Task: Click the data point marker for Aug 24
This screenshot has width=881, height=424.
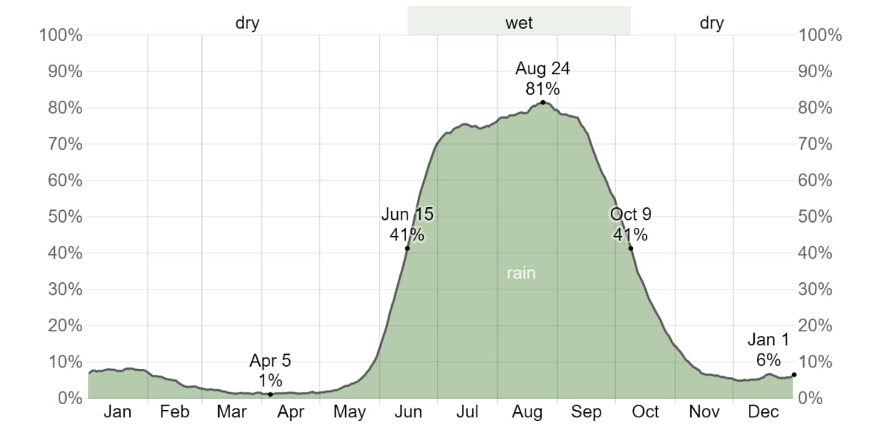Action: coord(543,102)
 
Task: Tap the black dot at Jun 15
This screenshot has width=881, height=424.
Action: coord(407,248)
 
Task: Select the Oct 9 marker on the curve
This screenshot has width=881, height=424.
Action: coord(631,248)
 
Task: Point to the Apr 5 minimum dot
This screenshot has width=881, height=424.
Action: coord(270,395)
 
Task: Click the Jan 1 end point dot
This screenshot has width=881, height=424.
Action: coord(794,375)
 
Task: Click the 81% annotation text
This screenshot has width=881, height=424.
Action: coord(543,89)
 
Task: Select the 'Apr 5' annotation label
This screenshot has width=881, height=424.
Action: coord(270,361)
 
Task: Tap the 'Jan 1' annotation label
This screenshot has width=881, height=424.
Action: coord(768,340)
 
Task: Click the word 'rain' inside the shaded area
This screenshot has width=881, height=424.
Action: coord(521,273)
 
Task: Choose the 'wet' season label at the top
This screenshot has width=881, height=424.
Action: coord(519,23)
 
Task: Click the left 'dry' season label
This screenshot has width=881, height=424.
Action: coord(247,23)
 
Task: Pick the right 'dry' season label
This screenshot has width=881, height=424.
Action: coord(711,23)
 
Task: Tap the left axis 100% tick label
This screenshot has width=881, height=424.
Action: coord(62,35)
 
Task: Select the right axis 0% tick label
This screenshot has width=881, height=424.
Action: coord(811,398)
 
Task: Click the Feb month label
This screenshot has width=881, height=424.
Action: coord(175,412)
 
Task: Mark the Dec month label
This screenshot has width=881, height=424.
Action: coord(763,412)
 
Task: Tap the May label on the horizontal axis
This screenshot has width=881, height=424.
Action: coord(349,412)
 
